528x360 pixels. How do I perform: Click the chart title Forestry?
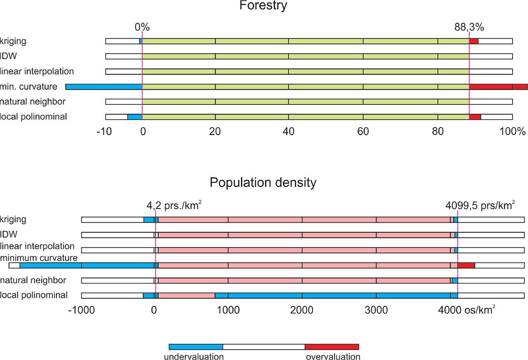click(264, 6)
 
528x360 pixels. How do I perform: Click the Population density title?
click(263, 182)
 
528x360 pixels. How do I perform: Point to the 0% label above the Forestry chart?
click(142, 27)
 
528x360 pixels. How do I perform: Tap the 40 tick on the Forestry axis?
click(288, 132)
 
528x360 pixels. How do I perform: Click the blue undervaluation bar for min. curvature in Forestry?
click(104, 87)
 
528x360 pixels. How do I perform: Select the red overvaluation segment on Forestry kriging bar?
click(474, 41)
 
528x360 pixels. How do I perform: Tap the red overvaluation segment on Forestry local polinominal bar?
click(475, 117)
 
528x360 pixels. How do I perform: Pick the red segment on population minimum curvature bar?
click(466, 265)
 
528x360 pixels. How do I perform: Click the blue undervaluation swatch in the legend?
click(196, 347)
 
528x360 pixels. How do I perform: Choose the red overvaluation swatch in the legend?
click(332, 347)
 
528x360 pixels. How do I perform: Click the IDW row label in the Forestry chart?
click(9, 56)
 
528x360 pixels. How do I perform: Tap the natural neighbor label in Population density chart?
click(33, 280)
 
